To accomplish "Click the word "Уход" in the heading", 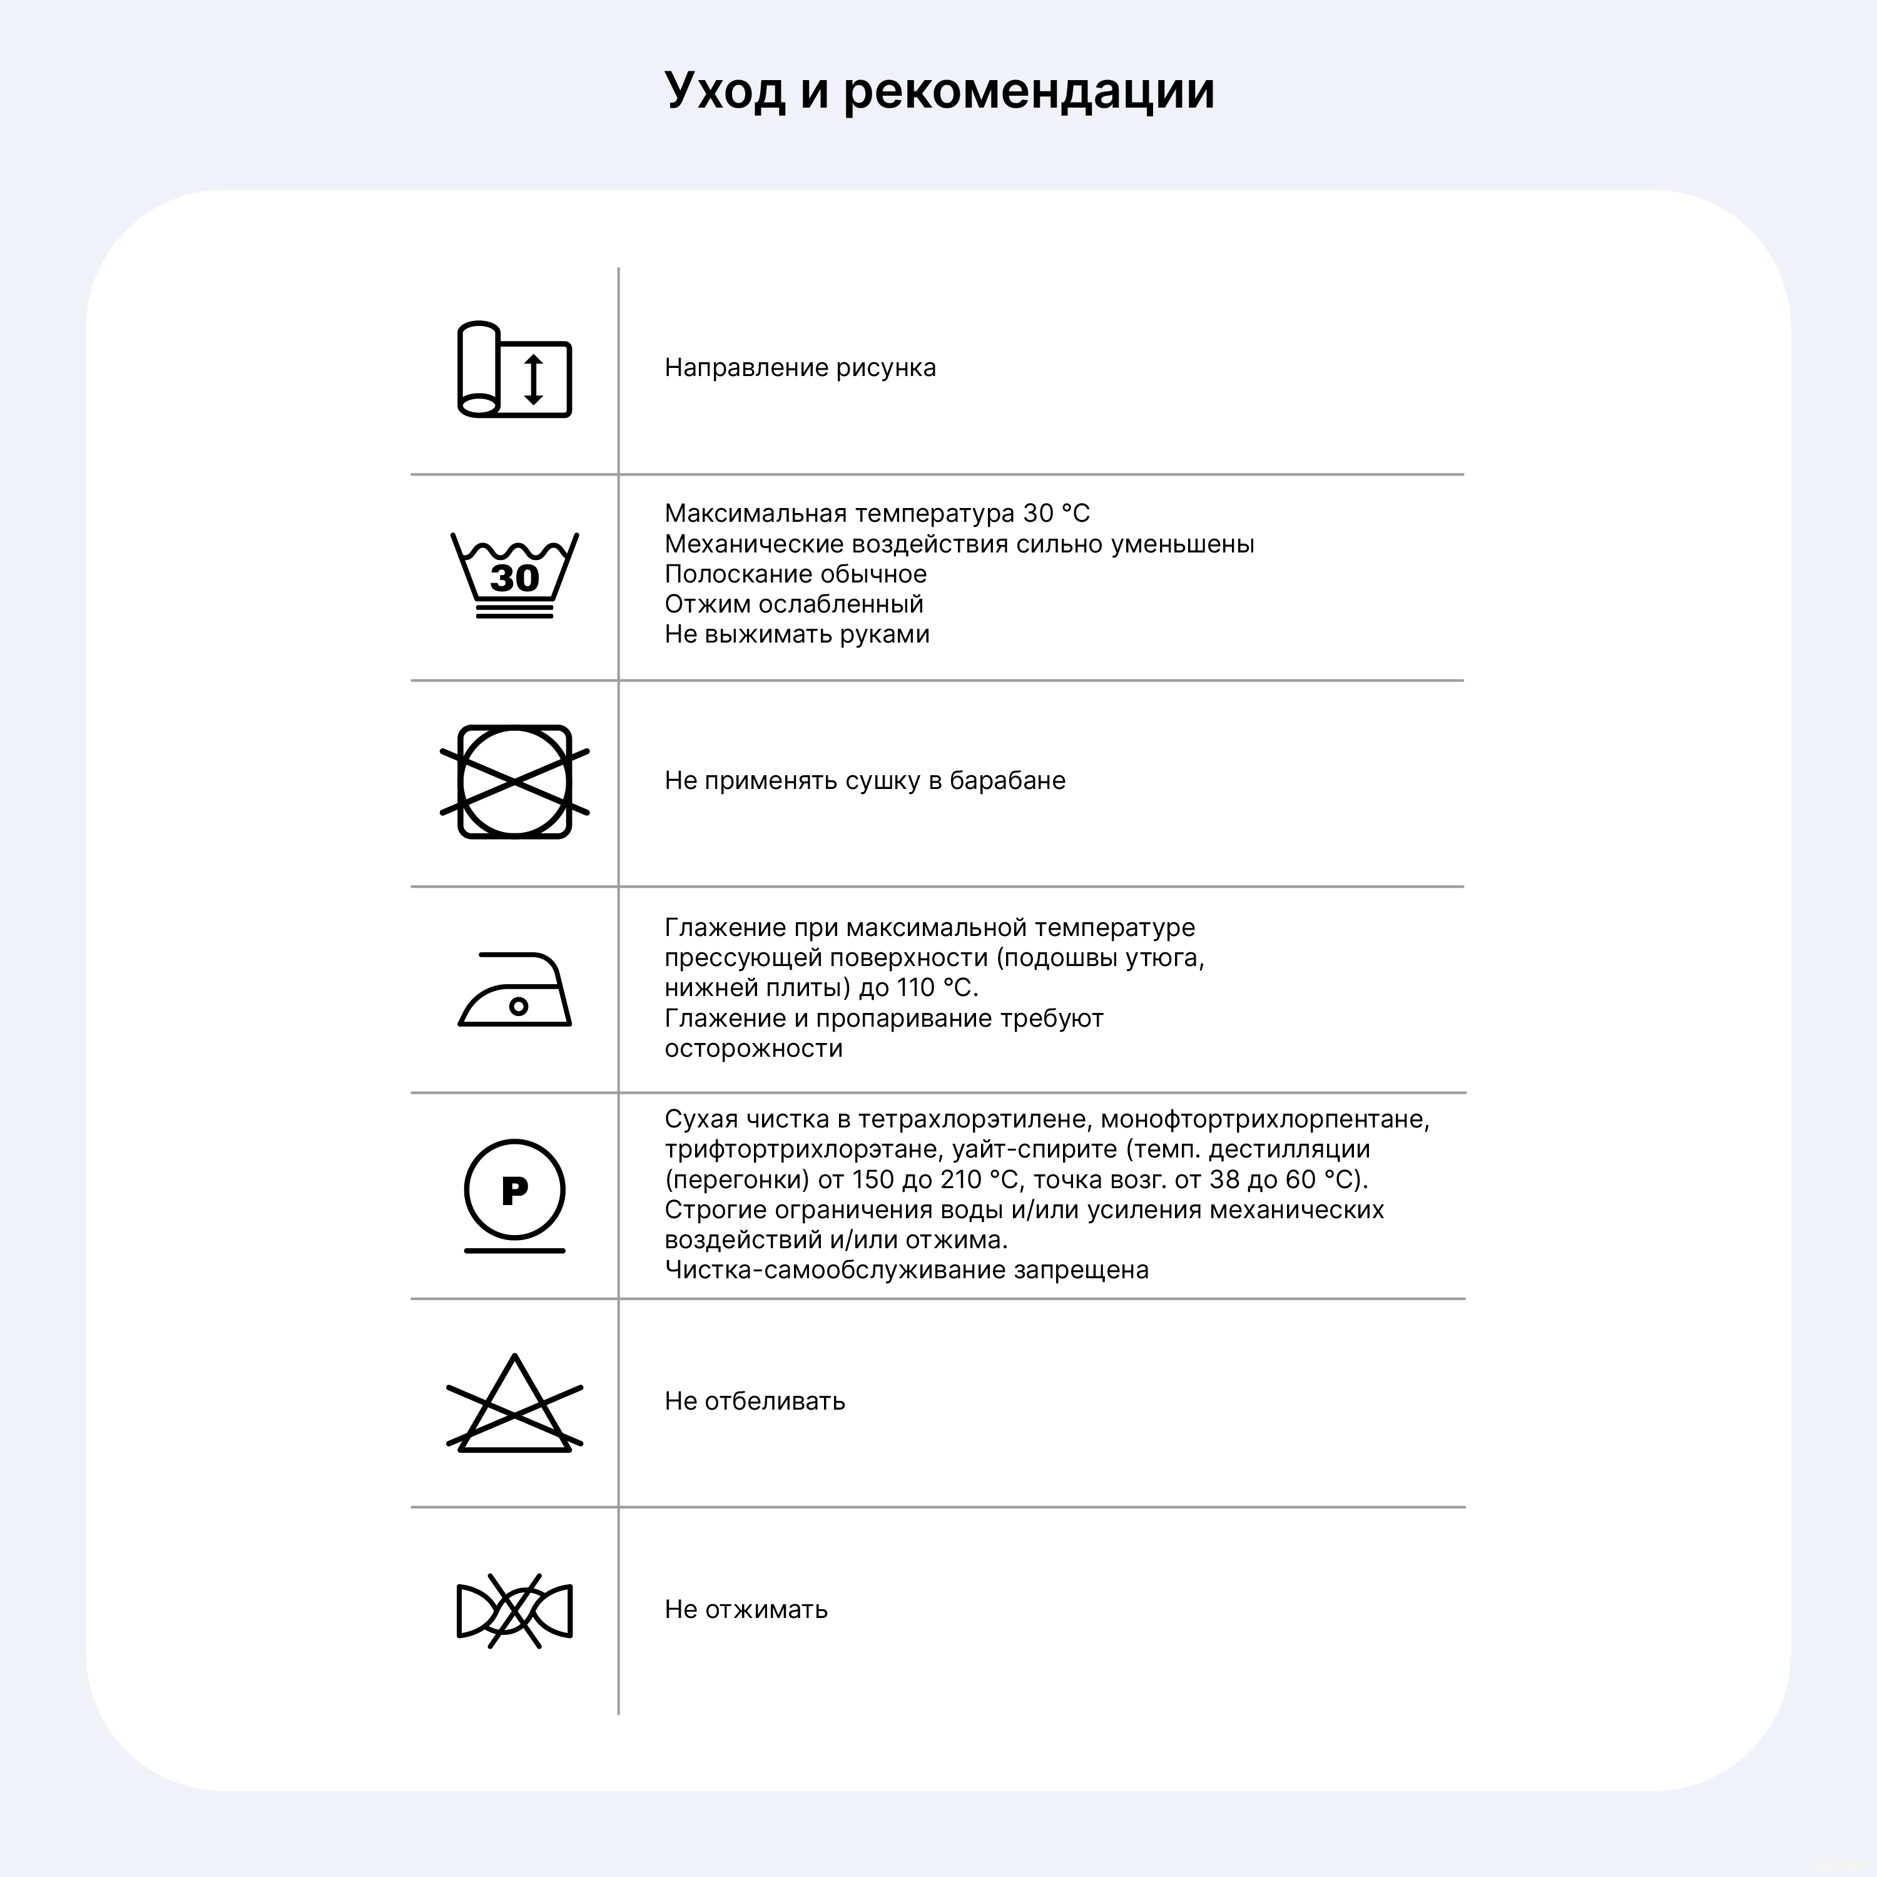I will point(724,91).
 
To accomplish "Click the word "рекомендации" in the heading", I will point(1028,91).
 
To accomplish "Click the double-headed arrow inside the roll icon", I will point(533,379).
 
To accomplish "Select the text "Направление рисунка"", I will point(800,369).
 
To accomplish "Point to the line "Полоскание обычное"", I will point(795,574).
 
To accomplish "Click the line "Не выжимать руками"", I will point(796,634).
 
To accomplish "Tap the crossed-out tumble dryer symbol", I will point(515,782).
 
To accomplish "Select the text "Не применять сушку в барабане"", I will point(865,781).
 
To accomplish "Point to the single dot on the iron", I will point(519,1007).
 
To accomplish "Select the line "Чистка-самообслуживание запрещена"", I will point(905,1270).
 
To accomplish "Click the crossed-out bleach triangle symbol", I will point(515,1405).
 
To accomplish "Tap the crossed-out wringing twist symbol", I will point(515,1611).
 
